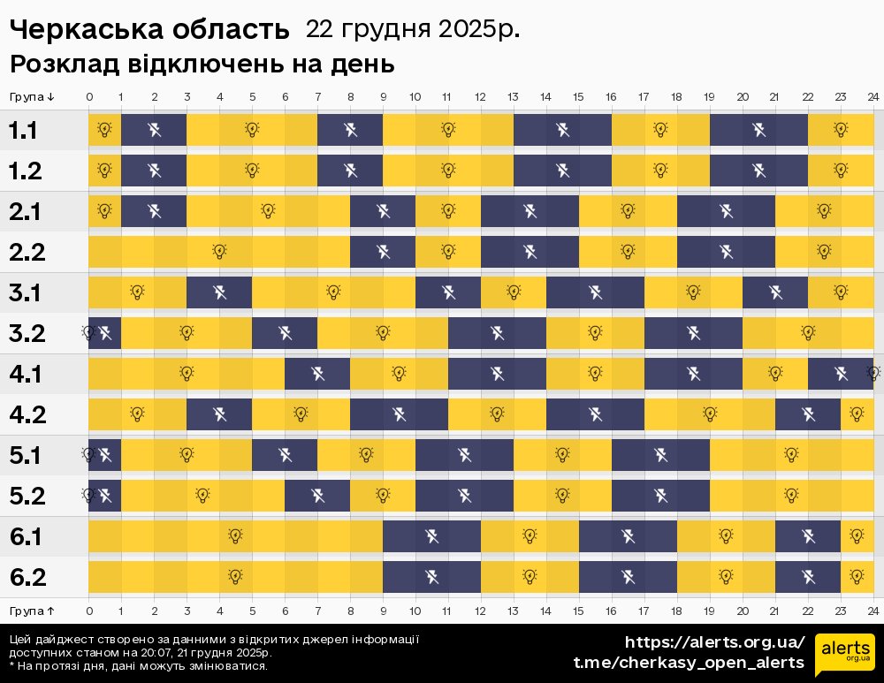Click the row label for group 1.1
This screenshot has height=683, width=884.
[23, 131]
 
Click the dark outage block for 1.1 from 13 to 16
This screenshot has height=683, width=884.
[562, 131]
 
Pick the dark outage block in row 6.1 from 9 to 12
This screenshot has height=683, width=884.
[431, 536]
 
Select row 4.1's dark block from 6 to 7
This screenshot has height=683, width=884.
[317, 374]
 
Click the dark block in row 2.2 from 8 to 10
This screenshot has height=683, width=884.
[383, 252]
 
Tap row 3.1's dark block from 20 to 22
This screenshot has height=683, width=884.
[775, 292]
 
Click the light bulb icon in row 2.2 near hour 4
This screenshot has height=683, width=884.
[219, 252]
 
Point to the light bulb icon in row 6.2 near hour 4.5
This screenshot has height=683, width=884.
[236, 577]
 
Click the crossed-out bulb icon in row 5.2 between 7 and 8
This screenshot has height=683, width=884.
[317, 496]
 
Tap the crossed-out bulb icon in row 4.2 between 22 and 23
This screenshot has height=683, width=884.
[808, 414]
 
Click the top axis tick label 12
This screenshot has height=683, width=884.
[480, 97]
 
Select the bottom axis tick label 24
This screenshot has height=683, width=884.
[873, 611]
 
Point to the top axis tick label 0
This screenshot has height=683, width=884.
[89, 97]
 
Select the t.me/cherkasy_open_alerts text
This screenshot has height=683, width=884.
[689, 663]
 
